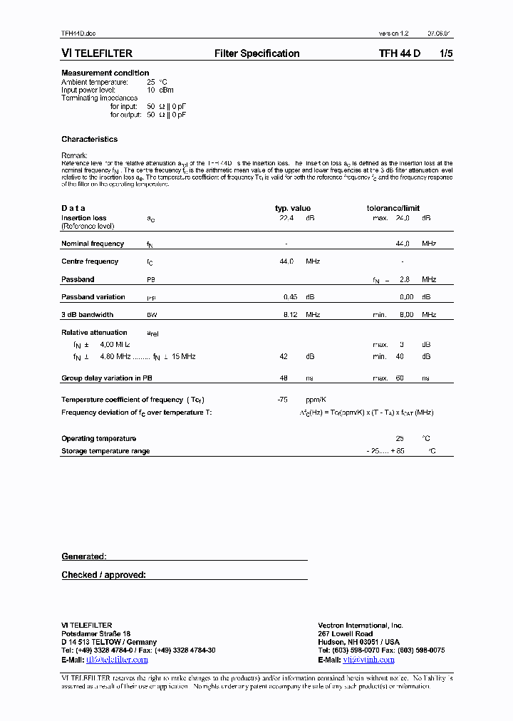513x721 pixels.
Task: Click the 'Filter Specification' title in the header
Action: [256, 53]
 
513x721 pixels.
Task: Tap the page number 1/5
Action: [445, 53]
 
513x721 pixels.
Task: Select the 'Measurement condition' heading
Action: [105, 73]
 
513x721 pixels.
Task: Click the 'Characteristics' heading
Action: [89, 139]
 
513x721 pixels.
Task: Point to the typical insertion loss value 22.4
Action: [286, 218]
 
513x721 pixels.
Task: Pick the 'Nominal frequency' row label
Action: [93, 244]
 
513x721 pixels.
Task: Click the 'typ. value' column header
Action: [292, 208]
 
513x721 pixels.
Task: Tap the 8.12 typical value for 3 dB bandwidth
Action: [289, 314]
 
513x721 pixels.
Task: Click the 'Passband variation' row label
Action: [93, 297]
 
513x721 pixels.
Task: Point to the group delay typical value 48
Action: [283, 378]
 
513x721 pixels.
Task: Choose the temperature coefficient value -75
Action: [282, 400]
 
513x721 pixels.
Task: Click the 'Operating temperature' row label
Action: [98, 439]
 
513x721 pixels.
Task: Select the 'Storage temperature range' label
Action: [105, 451]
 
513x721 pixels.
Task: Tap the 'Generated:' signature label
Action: [83, 556]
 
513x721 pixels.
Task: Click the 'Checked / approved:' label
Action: [103, 574]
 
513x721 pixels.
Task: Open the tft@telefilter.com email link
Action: [117, 660]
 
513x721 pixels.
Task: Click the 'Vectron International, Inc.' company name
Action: [361, 626]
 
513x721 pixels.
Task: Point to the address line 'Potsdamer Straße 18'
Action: [95, 633]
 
